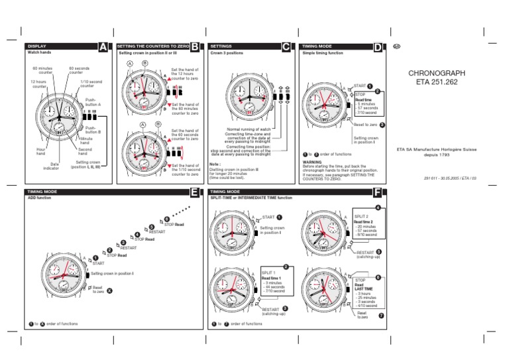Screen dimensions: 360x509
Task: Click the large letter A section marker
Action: click(102, 47)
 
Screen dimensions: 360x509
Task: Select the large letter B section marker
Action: click(194, 47)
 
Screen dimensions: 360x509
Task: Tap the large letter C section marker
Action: click(286, 47)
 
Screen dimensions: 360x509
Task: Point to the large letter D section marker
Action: click(378, 47)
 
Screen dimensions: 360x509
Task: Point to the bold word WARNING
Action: click(311, 161)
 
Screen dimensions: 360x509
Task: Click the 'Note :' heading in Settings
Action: click(215, 163)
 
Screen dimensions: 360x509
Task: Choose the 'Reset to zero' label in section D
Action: click(366, 125)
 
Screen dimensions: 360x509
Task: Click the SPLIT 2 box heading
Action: click(361, 217)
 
